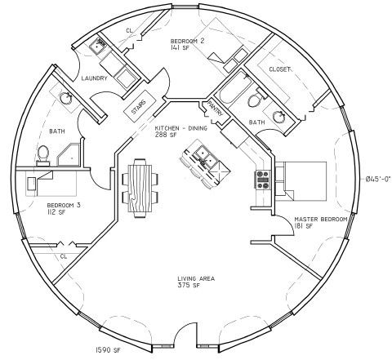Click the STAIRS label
point(139,107)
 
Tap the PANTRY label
point(216,108)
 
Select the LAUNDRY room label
point(95,78)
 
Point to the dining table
point(140,188)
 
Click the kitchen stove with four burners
point(262,180)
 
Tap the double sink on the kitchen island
point(204,158)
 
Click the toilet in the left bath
point(43,156)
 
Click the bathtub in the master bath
point(234,87)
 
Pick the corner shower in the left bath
point(69,155)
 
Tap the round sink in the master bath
point(278,117)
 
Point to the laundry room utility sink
point(97,47)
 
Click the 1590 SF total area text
point(108,349)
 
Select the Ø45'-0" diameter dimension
point(378,179)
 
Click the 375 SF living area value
point(187,286)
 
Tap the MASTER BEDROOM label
point(321,219)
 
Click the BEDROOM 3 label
point(64,205)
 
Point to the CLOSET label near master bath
point(280,69)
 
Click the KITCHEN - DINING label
point(181,128)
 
